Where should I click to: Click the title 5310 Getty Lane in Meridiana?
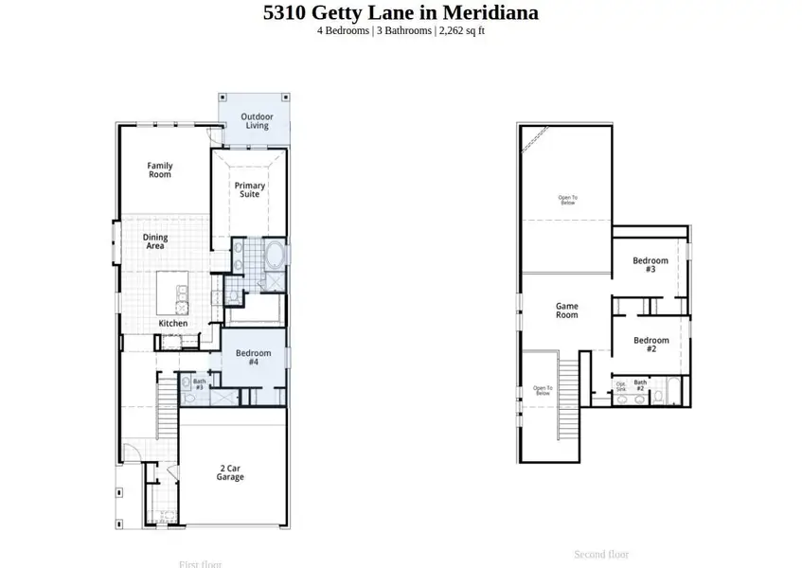401,13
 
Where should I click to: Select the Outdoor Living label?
257,121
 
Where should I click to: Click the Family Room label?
160,170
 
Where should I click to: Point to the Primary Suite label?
250,189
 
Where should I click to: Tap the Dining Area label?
155,241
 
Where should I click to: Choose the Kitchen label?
173,324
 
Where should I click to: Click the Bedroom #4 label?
254,357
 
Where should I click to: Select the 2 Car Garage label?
231,473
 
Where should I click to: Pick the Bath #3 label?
199,384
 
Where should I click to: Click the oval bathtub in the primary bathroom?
276,256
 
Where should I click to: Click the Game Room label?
566,311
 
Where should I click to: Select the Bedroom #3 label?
651,265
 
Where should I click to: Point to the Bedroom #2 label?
651,345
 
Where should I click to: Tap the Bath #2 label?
640,386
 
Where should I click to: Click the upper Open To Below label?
567,200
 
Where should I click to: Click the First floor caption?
200,564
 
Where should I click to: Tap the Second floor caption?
601,555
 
